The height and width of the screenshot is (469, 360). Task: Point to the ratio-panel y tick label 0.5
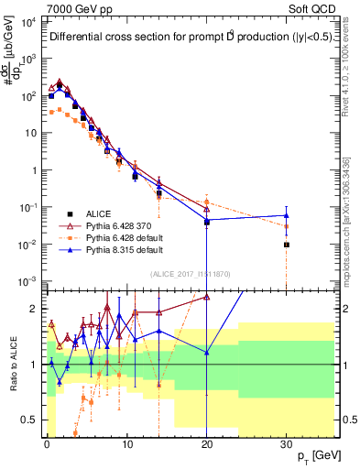31,420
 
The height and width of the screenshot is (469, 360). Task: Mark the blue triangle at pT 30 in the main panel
287,215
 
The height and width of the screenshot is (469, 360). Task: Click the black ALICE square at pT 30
287,245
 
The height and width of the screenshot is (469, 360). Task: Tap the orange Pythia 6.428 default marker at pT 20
207,202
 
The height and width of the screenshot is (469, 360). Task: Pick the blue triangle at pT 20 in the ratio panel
207,352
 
